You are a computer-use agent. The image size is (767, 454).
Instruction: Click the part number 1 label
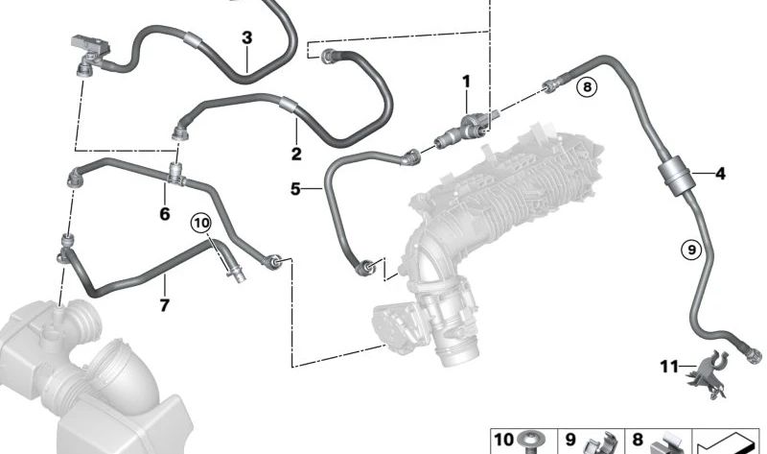pyautogui.click(x=466, y=82)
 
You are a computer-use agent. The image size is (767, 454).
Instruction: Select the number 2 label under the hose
pyautogui.click(x=296, y=154)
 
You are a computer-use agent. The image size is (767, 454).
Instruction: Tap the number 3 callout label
pyautogui.click(x=247, y=37)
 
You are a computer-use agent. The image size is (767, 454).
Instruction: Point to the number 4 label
pyautogui.click(x=720, y=174)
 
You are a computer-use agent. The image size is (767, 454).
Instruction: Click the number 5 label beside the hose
pyautogui.click(x=295, y=188)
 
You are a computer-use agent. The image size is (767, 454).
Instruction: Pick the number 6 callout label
pyautogui.click(x=165, y=213)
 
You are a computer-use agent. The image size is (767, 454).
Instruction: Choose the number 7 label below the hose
pyautogui.click(x=164, y=305)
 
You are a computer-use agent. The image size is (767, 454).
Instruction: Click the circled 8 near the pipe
pyautogui.click(x=587, y=87)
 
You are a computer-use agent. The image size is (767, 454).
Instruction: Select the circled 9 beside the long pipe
pyautogui.click(x=691, y=251)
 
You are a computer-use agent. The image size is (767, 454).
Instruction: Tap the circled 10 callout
pyautogui.click(x=201, y=224)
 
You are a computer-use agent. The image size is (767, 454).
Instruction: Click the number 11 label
pyautogui.click(x=669, y=366)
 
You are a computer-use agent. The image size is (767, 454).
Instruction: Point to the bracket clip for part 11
pyautogui.click(x=708, y=373)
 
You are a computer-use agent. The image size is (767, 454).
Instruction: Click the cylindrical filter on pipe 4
pyautogui.click(x=674, y=174)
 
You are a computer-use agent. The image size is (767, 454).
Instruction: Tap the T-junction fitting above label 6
pyautogui.click(x=176, y=176)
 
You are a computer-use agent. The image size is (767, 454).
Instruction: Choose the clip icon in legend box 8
pyautogui.click(x=667, y=444)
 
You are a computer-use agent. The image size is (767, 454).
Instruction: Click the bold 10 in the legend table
pyautogui.click(x=503, y=440)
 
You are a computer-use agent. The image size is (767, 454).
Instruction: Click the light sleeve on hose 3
pyautogui.click(x=193, y=40)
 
